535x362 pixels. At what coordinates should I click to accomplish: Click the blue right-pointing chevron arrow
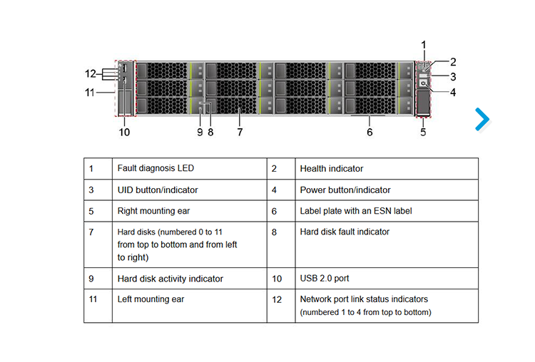point(482,119)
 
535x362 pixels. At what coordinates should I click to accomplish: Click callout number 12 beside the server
point(91,73)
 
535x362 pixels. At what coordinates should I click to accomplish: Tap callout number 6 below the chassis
point(370,132)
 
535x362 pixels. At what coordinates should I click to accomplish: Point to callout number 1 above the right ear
point(424,45)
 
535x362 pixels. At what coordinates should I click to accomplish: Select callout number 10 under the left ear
point(124,132)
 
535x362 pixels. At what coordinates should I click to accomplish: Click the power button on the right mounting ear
point(423,83)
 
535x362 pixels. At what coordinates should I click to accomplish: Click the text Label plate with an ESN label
point(356,211)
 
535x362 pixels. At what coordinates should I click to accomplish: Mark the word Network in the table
point(315,299)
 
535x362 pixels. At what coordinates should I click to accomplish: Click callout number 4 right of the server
point(453,92)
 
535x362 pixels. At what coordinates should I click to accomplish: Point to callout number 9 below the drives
point(200,132)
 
